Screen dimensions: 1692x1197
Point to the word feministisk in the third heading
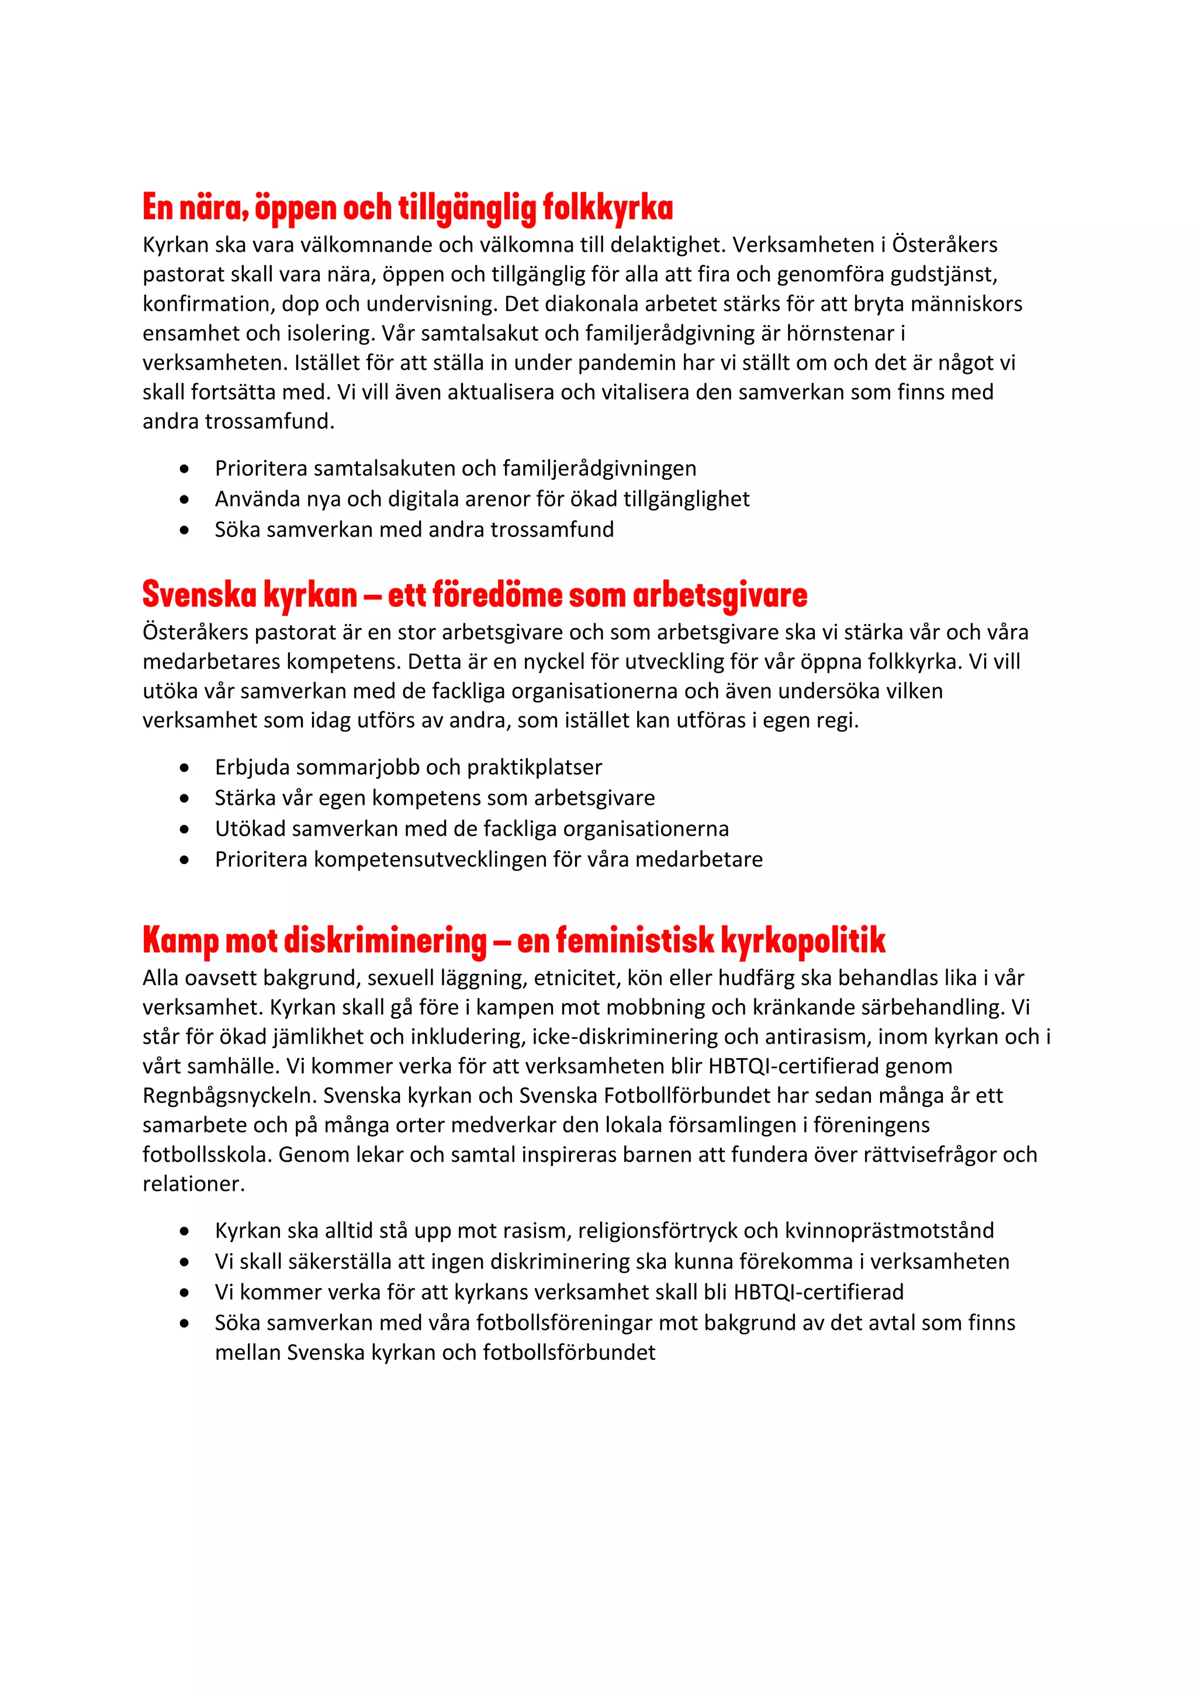(635, 940)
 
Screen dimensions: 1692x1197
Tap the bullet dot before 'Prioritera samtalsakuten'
(184, 469)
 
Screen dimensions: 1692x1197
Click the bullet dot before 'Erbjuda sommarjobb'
(184, 768)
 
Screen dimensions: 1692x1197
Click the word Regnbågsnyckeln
(229, 1096)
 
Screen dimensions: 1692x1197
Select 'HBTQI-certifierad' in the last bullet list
(818, 1292)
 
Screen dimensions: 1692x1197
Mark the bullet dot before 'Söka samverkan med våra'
(184, 1323)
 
